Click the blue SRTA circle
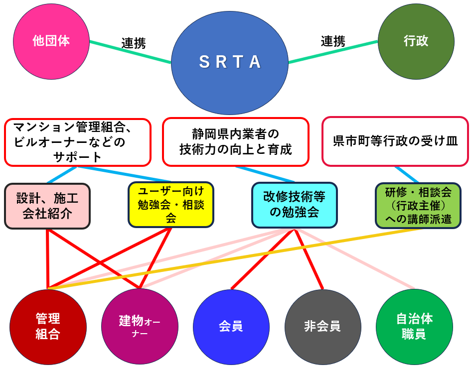(x=230, y=63)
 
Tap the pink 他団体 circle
(x=51, y=42)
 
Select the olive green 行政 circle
(x=416, y=42)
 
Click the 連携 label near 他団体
(x=134, y=43)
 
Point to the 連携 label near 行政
(x=333, y=41)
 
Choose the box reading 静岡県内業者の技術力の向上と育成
(x=236, y=141)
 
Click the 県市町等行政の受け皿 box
(x=395, y=141)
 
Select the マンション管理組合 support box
(x=78, y=142)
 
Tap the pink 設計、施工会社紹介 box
(x=47, y=206)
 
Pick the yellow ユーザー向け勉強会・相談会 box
(x=171, y=205)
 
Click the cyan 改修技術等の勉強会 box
(x=295, y=205)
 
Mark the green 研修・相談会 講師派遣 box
(x=418, y=206)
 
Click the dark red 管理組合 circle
(x=48, y=327)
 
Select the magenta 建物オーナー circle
(x=140, y=327)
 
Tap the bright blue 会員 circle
(x=231, y=327)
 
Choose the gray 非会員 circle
(x=323, y=327)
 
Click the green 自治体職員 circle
(x=414, y=327)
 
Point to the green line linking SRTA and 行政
(x=333, y=52)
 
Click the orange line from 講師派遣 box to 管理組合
(x=235, y=258)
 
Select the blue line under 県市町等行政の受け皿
(x=407, y=175)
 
